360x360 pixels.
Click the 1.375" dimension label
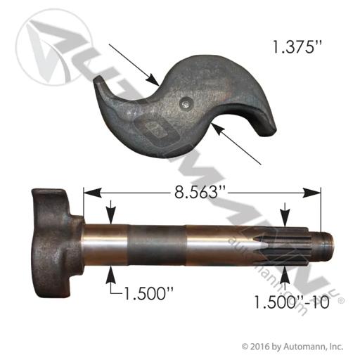[295, 46]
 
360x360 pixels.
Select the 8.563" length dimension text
[199, 193]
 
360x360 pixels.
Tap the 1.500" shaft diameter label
[148, 293]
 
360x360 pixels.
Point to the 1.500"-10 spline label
[292, 302]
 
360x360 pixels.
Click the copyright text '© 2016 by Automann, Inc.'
[292, 346]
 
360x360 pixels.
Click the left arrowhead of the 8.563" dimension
[93, 193]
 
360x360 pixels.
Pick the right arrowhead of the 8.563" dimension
[311, 193]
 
